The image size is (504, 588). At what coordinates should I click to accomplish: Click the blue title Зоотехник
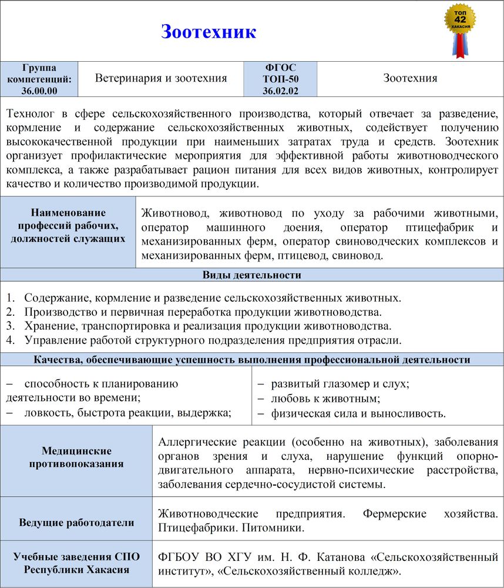tap(209, 31)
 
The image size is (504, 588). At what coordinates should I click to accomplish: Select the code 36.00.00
tap(39, 90)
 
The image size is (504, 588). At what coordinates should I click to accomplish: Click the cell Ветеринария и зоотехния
tap(161, 78)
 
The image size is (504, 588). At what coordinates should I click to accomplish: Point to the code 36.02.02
tap(280, 91)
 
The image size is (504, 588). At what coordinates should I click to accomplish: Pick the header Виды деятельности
tap(252, 275)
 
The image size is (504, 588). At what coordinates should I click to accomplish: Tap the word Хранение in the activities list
tap(48, 326)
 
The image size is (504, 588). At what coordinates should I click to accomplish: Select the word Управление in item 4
tap(56, 340)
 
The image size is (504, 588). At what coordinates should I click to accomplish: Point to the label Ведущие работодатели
tap(76, 522)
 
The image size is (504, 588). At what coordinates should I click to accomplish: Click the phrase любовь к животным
tap(325, 399)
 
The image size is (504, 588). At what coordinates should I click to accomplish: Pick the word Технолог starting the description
tap(31, 113)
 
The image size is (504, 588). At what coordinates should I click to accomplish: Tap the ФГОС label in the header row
tap(280, 68)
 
